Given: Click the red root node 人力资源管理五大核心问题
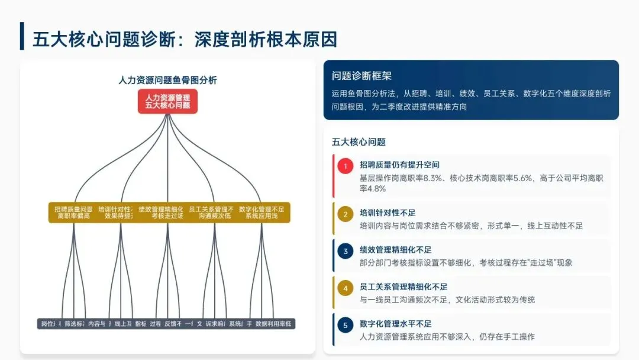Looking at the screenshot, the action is click(x=167, y=101).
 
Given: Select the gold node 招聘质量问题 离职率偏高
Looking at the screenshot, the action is click(x=73, y=213).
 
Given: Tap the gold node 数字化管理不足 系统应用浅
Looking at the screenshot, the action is click(x=262, y=213).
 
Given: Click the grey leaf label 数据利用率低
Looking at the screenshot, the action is click(x=274, y=324).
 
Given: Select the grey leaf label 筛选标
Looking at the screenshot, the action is click(x=74, y=324).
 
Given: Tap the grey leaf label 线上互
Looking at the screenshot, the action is click(x=123, y=324).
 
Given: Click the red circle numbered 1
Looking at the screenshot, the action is click(x=346, y=166).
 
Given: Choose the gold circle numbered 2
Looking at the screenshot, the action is click(x=346, y=214).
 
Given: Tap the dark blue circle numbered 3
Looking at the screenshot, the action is click(x=346, y=251).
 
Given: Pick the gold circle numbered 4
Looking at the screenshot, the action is click(x=346, y=288).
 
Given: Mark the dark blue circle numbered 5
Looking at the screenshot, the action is click(x=346, y=325).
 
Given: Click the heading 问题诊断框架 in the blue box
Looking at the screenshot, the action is click(x=362, y=76).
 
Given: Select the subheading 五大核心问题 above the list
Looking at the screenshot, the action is click(x=359, y=142).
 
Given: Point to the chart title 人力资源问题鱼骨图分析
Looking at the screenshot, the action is click(x=167, y=80).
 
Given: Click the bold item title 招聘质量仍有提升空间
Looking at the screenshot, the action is click(x=399, y=164).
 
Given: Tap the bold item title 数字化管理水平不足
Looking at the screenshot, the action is click(x=395, y=323).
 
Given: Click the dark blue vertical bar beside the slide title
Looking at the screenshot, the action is click(x=22, y=36).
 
